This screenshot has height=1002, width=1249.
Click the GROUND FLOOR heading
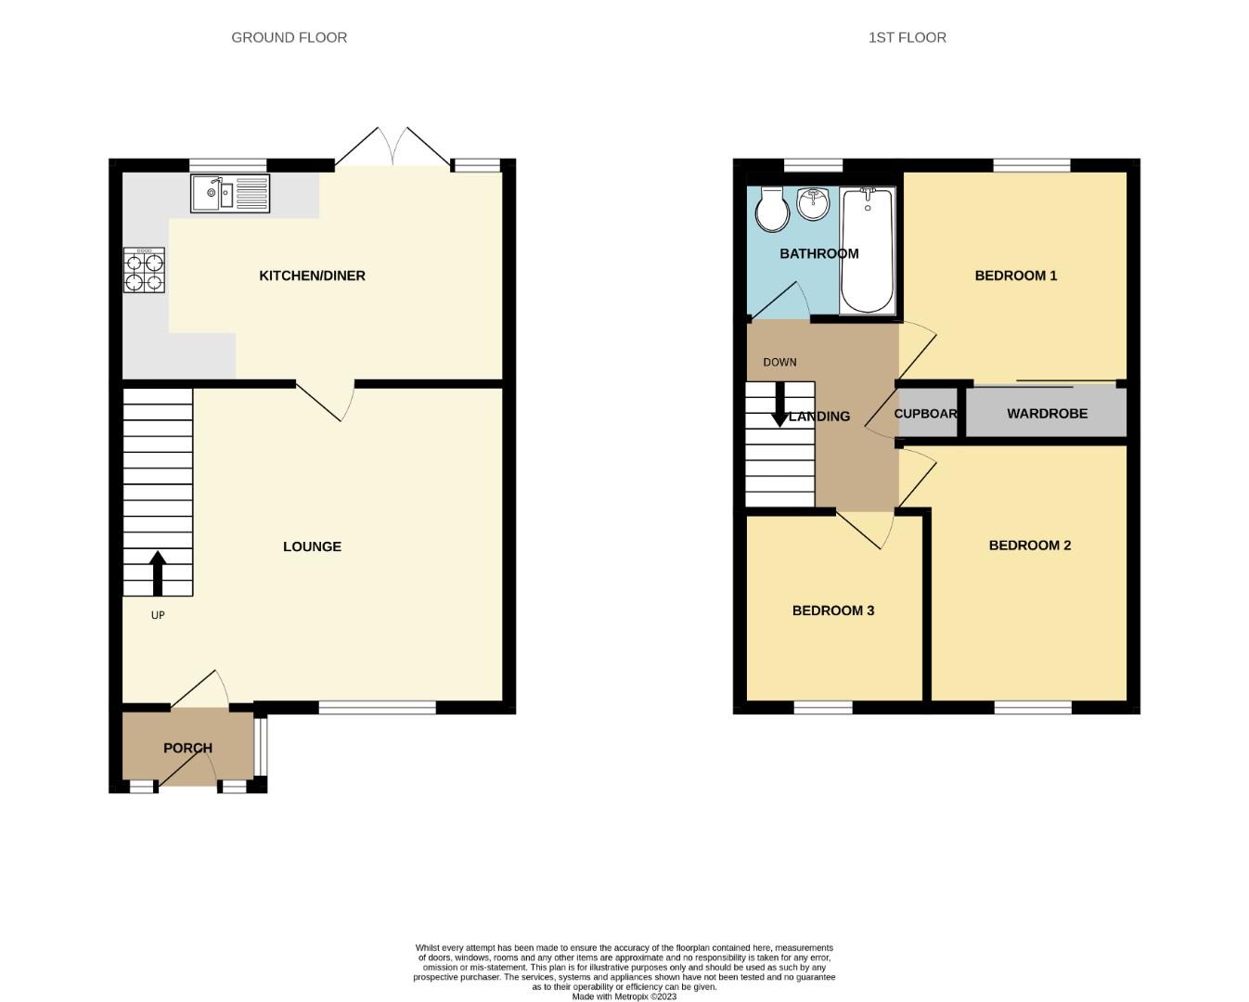289,38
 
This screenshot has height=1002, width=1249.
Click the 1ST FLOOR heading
907,38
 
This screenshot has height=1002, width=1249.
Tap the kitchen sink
230,194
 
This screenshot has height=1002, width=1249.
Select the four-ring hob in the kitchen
144,270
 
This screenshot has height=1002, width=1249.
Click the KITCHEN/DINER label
312,276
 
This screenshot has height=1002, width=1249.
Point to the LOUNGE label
312,546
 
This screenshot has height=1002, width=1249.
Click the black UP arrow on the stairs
158,572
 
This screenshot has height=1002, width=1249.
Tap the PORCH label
187,748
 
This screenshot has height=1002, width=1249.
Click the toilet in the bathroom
771,210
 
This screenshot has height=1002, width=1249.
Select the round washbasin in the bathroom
814,204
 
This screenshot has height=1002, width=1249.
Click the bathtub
868,250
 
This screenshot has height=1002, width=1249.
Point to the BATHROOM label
818,253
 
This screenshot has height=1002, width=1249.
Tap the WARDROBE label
1047,414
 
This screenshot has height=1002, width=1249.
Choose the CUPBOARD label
925,414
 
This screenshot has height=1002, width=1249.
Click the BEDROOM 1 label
1015,276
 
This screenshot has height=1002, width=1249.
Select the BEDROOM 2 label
1029,546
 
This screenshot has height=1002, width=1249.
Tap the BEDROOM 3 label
832,610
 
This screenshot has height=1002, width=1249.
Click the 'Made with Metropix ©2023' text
624,996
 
